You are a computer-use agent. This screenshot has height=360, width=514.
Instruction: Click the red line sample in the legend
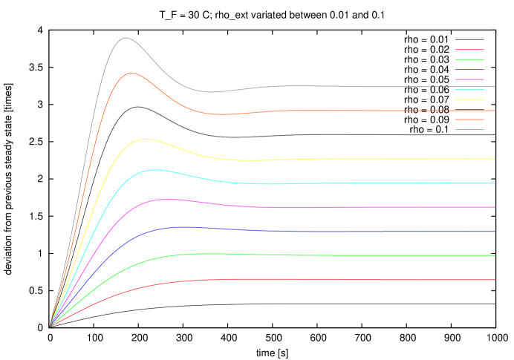pos(469,50)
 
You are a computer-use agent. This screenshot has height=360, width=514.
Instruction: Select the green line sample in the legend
pos(469,59)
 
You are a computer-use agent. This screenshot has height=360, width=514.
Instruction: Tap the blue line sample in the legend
pos(469,70)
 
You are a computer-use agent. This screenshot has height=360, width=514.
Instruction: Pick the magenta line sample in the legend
pos(469,79)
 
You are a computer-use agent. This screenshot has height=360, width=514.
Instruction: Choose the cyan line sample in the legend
pos(469,89)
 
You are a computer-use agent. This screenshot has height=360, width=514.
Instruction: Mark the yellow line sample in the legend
pos(469,99)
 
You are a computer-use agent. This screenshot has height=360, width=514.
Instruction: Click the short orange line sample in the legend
pos(469,120)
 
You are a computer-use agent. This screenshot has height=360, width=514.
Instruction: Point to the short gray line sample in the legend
pos(469,130)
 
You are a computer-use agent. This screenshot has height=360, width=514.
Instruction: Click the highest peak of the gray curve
pos(126,38)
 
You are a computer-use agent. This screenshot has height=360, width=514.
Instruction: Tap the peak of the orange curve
pos(131,73)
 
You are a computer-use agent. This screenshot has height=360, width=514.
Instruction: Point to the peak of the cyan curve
pos(154,169)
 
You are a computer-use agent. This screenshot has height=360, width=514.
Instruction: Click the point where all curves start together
pos(50,326)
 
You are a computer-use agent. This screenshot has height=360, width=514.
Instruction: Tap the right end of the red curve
pos(495,280)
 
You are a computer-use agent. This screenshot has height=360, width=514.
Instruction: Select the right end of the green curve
pos(495,255)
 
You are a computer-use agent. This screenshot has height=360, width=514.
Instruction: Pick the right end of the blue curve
pos(495,232)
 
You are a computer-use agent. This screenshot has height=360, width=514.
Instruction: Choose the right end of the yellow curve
pos(495,159)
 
